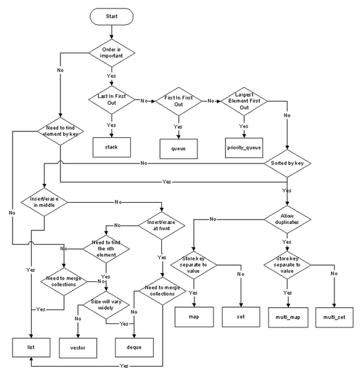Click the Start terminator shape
(112, 17)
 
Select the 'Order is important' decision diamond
(112, 53)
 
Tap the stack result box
(112, 148)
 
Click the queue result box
(179, 149)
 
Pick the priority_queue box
(244, 148)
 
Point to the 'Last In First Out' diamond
(112, 100)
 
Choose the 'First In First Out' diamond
(179, 101)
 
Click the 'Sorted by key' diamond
(287, 163)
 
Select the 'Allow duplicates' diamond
(287, 219)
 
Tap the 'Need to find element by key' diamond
(61, 131)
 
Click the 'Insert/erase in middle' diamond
(44, 202)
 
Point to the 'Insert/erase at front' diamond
(161, 226)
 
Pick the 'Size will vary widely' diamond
(106, 305)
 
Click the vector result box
(78, 348)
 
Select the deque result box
(134, 347)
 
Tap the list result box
(31, 347)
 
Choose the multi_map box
(288, 317)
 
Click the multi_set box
(334, 317)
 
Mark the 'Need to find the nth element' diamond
(106, 249)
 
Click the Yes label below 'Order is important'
(111, 76)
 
